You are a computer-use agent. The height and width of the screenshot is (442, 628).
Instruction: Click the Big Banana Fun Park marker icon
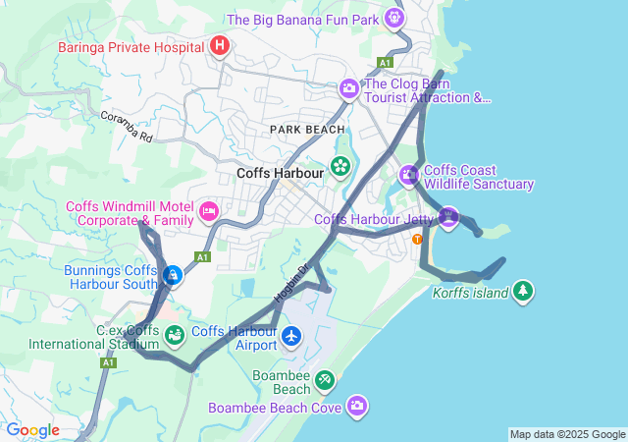pyautogui.click(x=394, y=18)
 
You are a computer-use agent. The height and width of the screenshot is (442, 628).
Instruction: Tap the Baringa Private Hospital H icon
pyautogui.click(x=220, y=45)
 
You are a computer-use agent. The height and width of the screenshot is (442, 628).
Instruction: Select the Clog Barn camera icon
pyautogui.click(x=348, y=89)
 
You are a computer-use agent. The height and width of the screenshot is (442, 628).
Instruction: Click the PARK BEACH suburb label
pyautogui.click(x=308, y=130)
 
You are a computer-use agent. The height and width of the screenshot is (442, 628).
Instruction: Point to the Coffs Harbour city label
pyautogui.click(x=281, y=174)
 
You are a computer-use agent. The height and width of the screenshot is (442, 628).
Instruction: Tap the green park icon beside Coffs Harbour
pyautogui.click(x=340, y=166)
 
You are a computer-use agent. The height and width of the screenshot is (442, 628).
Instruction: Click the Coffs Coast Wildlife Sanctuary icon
pyautogui.click(x=409, y=176)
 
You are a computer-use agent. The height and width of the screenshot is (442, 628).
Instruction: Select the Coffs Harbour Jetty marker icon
pyautogui.click(x=448, y=217)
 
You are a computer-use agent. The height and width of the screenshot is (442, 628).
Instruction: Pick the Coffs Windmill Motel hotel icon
pyautogui.click(x=208, y=211)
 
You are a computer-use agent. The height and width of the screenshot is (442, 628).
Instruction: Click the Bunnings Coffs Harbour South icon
pyautogui.click(x=172, y=276)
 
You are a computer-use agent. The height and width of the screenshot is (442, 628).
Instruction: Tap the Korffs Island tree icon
pyautogui.click(x=524, y=291)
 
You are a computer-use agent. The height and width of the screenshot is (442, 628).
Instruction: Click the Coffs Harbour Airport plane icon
pyautogui.click(x=290, y=337)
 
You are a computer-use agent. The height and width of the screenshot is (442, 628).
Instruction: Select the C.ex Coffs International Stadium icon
pyautogui.click(x=174, y=337)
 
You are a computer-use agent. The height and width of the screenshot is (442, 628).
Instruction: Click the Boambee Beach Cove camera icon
pyautogui.click(x=357, y=406)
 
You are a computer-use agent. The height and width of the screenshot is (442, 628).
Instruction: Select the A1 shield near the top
pyautogui.click(x=386, y=62)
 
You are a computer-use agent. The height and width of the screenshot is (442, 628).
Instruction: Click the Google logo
pyautogui.click(x=32, y=430)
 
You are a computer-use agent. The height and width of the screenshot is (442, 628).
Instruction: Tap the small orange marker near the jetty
pyautogui.click(x=418, y=239)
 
